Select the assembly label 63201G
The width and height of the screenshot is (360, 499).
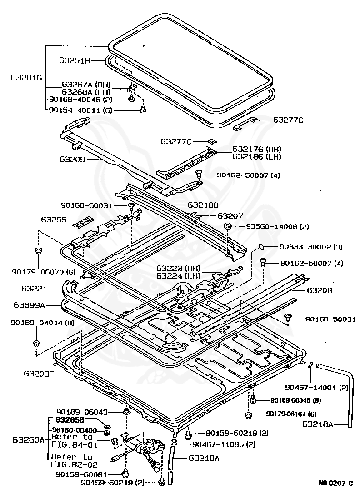tap(26, 78)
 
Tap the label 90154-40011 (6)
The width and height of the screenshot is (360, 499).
tap(80, 110)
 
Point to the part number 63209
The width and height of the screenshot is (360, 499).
tap(72, 159)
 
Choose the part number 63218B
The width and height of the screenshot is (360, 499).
tap(203, 205)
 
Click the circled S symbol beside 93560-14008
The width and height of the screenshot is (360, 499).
tap(228, 226)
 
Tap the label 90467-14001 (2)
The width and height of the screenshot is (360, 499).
tap(317, 388)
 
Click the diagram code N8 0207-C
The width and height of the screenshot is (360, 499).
tap(335, 483)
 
